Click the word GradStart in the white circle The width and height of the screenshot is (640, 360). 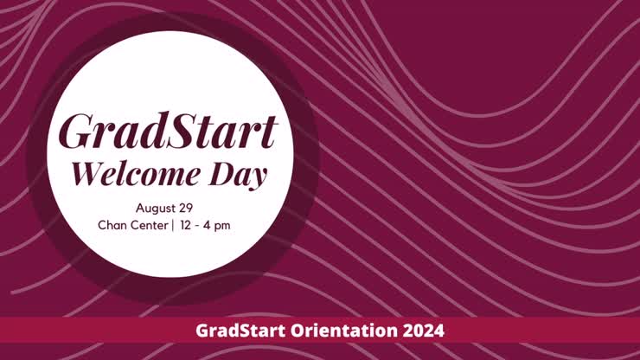pos(169,132)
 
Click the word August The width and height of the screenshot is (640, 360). pos(156,208)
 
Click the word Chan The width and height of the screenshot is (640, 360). pos(113,225)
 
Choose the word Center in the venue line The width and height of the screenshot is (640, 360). pos(150,225)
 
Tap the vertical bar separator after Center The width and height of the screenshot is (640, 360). pos(172,225)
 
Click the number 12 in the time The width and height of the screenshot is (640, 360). pos(186,225)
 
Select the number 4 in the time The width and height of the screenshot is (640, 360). pos(208,225)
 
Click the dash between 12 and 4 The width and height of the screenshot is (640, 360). pos(197,225)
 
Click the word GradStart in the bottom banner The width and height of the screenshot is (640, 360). pos(232,330)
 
